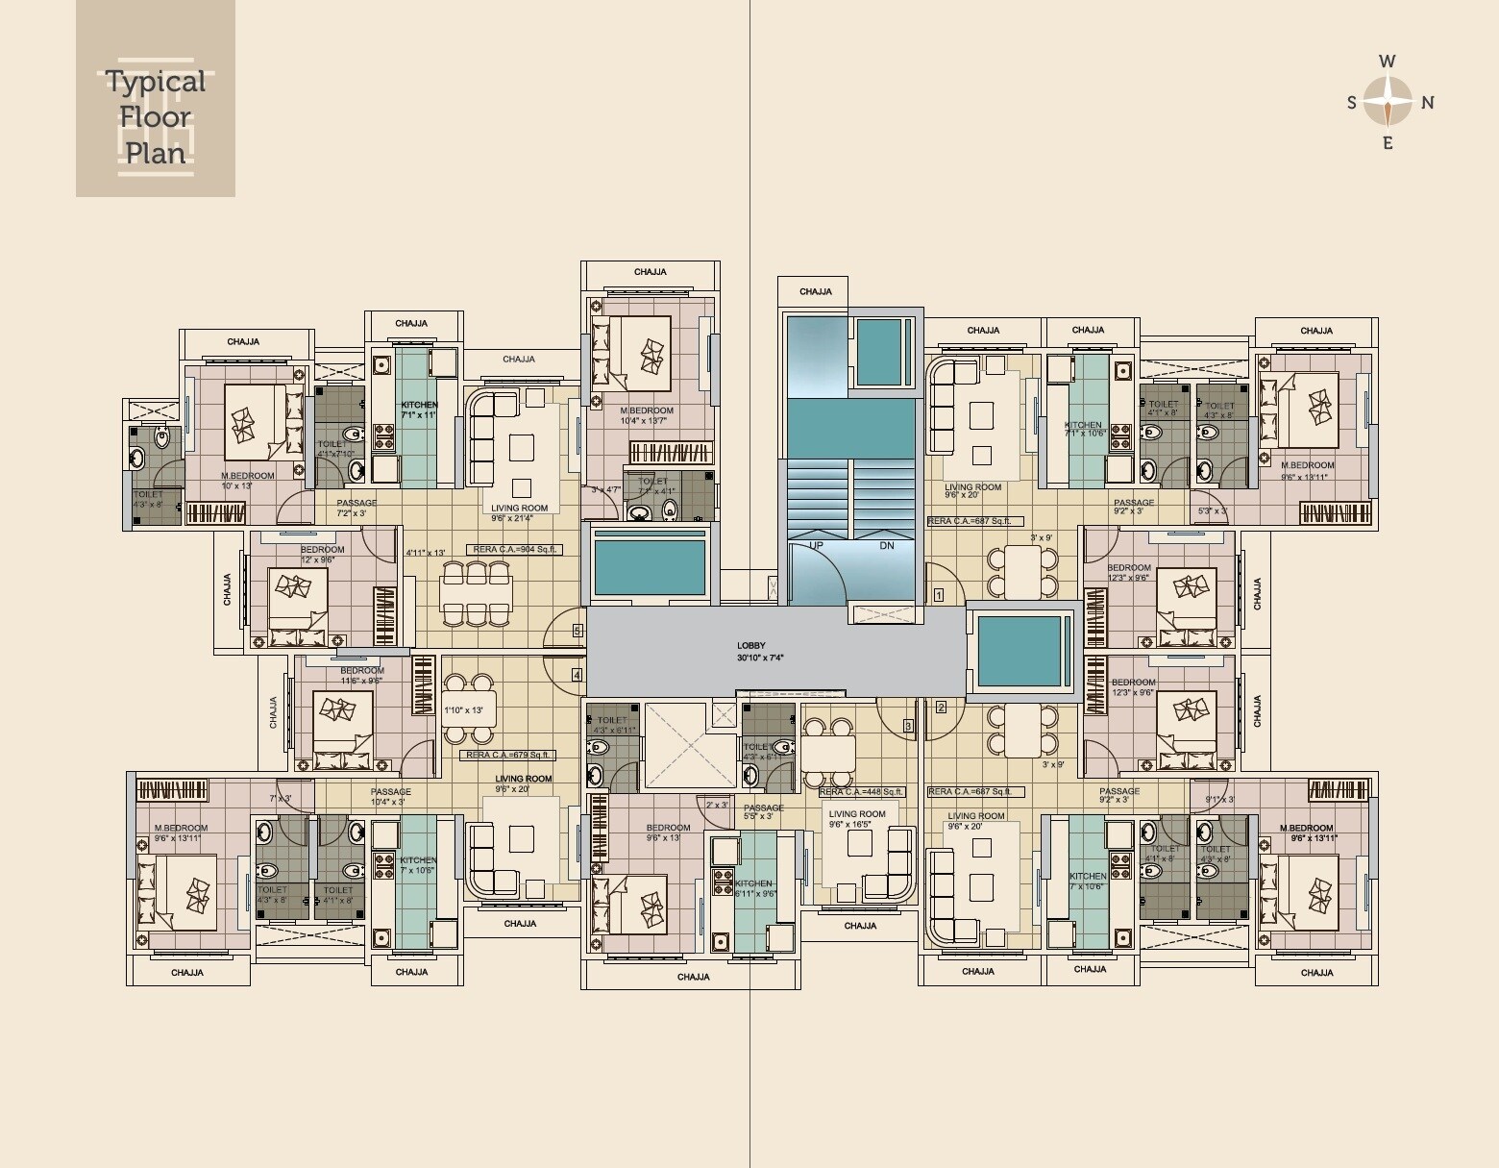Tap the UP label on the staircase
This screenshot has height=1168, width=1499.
816,545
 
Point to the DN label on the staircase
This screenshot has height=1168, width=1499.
886,545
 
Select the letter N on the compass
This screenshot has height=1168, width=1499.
1428,103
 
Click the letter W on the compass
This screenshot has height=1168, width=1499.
1387,62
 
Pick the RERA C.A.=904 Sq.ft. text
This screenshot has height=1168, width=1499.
513,550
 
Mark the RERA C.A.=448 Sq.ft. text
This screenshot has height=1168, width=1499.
861,792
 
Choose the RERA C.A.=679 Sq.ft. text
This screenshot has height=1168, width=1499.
507,755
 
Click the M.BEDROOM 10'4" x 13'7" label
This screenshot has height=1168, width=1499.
646,415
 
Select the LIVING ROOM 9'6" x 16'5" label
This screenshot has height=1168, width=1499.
856,819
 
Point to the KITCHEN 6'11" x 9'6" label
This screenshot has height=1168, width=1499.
753,887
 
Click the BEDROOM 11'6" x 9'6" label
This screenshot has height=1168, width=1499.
361,675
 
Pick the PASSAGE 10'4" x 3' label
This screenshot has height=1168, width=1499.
390,797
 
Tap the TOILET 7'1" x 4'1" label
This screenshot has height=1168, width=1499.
652,485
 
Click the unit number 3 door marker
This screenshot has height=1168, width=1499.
907,726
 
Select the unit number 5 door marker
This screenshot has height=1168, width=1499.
577,631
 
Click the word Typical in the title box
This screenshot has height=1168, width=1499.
155,82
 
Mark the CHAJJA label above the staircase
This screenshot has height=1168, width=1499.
815,291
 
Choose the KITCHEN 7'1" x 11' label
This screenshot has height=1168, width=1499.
418,410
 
